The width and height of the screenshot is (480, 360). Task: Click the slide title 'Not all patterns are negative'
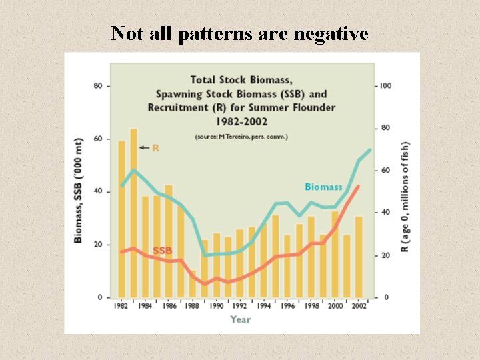[240, 33]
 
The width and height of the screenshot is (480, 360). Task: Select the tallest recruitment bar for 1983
[133, 213]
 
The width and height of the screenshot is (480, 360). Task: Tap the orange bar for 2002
[359, 257]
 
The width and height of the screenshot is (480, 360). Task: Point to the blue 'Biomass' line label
[323, 187]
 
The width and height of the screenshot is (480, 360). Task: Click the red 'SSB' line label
[162, 251]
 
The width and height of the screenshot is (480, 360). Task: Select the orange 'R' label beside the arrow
[155, 148]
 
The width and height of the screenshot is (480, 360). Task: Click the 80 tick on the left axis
[97, 86]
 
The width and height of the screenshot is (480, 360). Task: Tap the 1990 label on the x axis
[217, 306]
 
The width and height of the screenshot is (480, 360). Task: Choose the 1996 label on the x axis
[288, 306]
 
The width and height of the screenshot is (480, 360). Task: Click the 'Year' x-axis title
[241, 319]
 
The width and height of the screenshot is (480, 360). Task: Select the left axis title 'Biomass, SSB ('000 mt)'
[79, 192]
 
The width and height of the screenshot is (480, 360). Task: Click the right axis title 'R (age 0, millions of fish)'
[405, 197]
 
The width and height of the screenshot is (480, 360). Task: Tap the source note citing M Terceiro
[241, 136]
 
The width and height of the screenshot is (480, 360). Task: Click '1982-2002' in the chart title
[241, 122]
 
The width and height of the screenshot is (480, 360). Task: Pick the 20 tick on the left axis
[97, 245]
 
